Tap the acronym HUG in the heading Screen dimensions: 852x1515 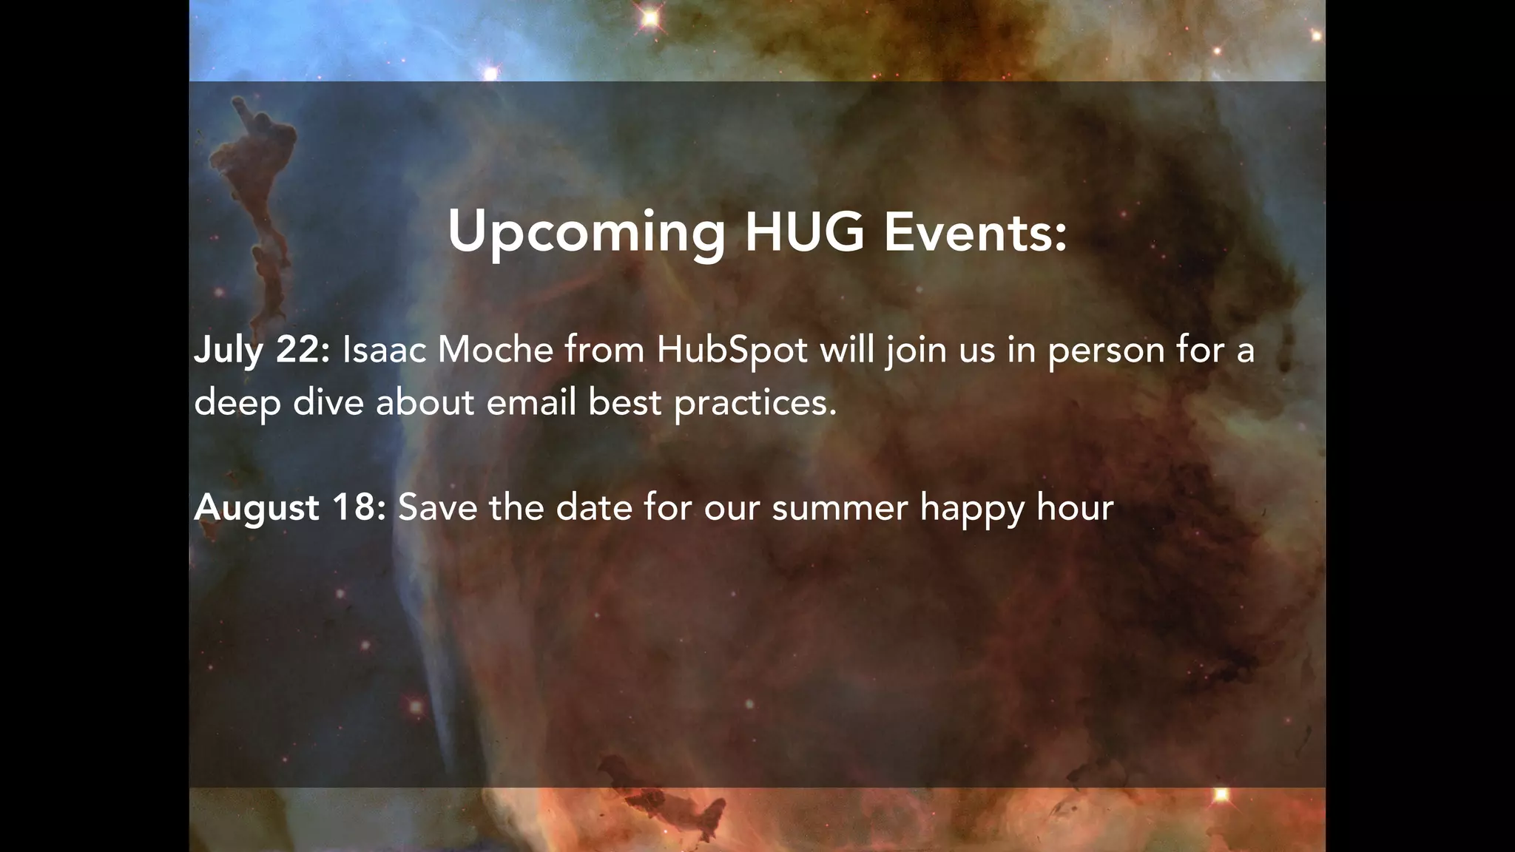click(804, 231)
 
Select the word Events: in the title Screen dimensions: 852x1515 click(975, 231)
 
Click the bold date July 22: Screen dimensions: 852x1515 click(262, 351)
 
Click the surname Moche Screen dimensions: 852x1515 click(495, 349)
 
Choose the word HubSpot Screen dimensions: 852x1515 click(732, 351)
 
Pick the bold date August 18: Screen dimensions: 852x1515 click(290, 508)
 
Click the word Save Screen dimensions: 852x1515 click(437, 507)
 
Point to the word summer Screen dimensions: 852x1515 click(840, 508)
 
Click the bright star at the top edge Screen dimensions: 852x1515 click(650, 17)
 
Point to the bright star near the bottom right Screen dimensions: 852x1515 click(1221, 795)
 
